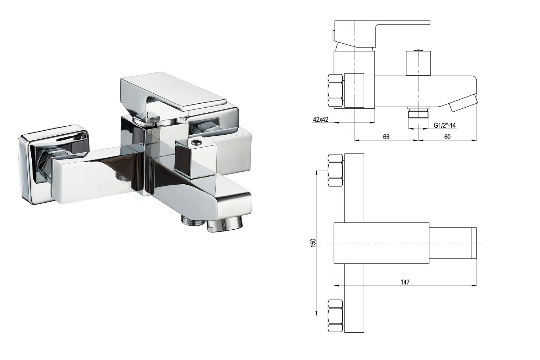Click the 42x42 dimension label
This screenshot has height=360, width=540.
pos(320,119)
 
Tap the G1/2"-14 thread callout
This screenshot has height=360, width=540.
pos(445,125)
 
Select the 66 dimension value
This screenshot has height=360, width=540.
pos(386,137)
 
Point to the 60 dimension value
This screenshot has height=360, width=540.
pos(447,137)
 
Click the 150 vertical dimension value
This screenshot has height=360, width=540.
pos(313,243)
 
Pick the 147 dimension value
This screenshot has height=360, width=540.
pos(405,282)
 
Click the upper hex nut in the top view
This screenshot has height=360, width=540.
pos(336,170)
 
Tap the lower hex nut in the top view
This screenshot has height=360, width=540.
pos(336,316)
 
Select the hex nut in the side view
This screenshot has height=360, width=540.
pos(336,90)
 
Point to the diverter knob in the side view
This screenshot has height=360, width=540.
pos(418,63)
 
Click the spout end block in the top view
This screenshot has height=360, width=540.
pos(453,243)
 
